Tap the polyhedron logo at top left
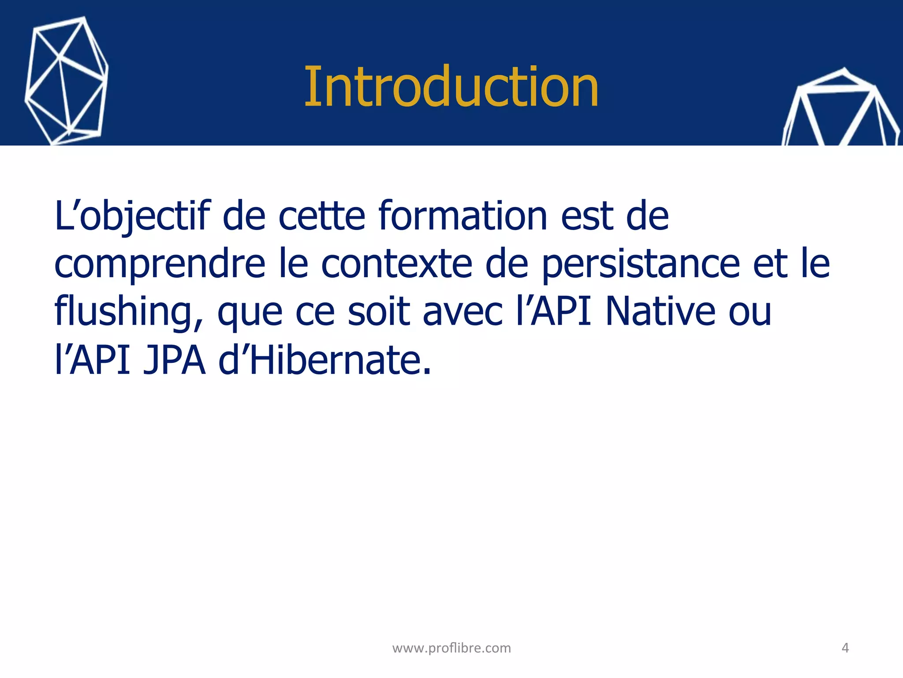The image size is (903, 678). (66, 82)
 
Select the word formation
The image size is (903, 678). (463, 216)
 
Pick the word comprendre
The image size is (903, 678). (160, 265)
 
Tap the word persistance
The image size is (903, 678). (640, 265)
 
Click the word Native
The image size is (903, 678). (660, 312)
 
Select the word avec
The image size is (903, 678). (463, 313)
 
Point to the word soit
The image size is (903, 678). (379, 312)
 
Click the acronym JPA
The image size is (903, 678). (174, 360)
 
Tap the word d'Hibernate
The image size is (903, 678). (325, 360)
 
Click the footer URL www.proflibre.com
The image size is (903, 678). (451, 648)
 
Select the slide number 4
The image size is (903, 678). (845, 648)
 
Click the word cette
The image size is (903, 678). (322, 216)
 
